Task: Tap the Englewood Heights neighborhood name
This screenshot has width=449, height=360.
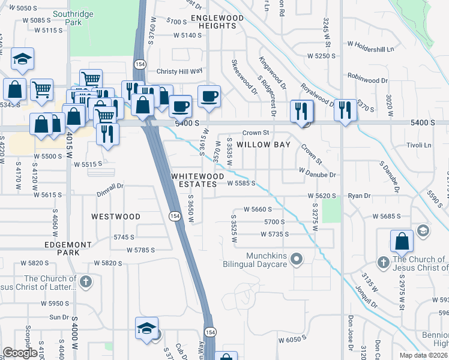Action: (x=217, y=22)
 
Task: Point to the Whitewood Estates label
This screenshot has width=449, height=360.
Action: (x=197, y=180)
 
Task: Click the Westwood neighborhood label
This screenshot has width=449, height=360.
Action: (x=116, y=216)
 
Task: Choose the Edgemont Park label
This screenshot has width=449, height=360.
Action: (x=68, y=248)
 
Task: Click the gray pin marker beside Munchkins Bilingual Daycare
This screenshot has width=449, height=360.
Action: (x=295, y=260)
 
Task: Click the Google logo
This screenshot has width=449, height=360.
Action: (x=20, y=352)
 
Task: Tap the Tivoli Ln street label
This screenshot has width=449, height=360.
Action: (x=420, y=145)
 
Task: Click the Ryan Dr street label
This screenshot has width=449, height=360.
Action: (x=360, y=196)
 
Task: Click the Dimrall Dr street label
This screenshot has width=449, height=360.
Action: (x=109, y=186)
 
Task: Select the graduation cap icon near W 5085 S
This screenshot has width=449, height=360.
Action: (x=22, y=59)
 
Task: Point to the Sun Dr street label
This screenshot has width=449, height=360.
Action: (x=59, y=317)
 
